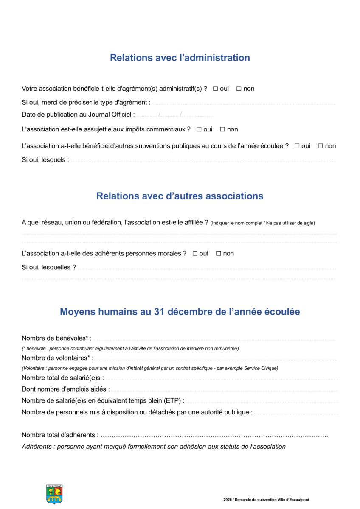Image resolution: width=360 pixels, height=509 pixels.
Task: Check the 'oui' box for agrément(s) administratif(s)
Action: [215, 89]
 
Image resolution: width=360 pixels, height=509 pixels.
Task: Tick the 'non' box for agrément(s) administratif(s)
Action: [239, 89]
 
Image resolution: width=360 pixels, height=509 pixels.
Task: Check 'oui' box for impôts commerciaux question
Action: [199, 129]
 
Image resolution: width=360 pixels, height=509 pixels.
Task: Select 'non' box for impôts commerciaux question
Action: [222, 129]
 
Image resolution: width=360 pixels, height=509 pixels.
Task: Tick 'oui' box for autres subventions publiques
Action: [297, 146]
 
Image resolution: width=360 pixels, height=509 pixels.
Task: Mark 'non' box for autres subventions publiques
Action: [321, 146]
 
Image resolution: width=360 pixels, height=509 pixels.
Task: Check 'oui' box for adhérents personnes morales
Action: [195, 253]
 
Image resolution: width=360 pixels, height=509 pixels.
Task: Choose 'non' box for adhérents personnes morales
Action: [219, 253]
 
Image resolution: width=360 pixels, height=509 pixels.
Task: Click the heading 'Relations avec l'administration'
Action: [180, 58]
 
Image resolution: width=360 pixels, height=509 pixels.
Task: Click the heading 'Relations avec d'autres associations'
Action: [180, 196]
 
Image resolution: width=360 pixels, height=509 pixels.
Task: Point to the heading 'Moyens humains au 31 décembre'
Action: [180, 312]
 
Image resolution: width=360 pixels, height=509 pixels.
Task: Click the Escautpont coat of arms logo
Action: [54, 494]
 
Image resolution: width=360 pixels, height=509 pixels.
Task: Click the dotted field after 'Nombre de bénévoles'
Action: [214, 339]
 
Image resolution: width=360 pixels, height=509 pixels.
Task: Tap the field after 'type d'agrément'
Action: [244, 103]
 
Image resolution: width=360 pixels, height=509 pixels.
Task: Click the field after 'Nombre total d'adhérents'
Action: [214, 435]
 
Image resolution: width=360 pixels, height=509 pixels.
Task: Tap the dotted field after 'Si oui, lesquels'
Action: [203, 161]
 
